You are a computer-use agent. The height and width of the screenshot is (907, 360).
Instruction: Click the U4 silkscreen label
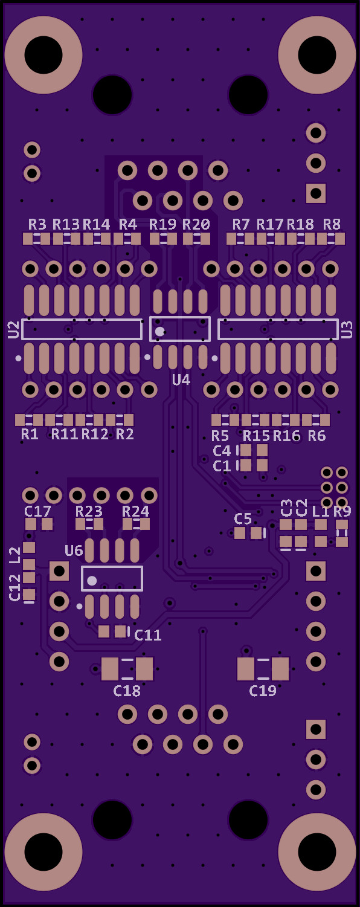coord(181,380)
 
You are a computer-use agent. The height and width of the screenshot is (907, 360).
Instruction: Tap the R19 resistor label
coord(162,224)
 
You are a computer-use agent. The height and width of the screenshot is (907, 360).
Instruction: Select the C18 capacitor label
coord(127,691)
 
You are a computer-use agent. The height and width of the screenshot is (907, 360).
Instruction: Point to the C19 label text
coord(262,691)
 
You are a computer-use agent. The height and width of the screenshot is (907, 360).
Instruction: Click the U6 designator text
coord(74,550)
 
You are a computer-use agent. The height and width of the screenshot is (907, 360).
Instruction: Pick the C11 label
coord(148,635)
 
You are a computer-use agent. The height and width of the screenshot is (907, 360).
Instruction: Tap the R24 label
coord(136,511)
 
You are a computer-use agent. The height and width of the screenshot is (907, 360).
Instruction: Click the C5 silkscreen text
coord(243,518)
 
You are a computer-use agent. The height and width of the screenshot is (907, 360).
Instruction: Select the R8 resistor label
coord(332,224)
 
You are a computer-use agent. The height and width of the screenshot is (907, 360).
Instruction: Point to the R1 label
coord(30,434)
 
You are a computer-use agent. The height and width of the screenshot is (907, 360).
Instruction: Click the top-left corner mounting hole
coord(43,54)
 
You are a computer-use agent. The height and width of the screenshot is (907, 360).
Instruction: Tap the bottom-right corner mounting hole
coord(317,852)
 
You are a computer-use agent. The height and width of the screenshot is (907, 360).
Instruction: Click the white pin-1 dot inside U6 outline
coord(92,581)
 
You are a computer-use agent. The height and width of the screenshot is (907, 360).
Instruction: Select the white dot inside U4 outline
coord(160,332)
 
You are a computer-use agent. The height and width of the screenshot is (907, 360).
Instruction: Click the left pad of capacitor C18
coord(110,669)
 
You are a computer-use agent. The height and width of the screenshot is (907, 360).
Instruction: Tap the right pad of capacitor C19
coord(280,669)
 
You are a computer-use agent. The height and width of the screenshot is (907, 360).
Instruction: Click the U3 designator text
coord(347,329)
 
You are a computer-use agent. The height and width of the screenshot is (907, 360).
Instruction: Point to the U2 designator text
coord(13,329)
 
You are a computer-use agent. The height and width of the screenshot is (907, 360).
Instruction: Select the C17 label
coord(37,511)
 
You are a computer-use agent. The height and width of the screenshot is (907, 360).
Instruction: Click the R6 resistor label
coord(317,436)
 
